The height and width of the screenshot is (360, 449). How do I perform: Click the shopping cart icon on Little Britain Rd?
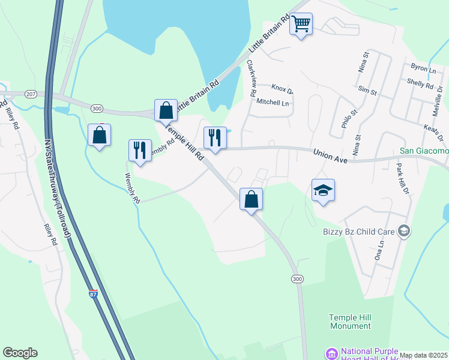coord(301,25)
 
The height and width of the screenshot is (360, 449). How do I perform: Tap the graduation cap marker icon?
coord(323,191)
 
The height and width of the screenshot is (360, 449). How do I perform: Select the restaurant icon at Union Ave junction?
coord(214,138)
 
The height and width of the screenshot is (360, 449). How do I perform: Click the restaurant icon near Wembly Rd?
coord(140,151)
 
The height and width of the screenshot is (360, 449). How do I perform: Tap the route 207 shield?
coord(31,94)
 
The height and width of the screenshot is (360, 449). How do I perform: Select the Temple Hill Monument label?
coord(350,321)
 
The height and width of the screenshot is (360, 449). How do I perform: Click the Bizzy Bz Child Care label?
coord(358,231)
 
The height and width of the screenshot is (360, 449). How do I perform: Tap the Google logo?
coord(20,353)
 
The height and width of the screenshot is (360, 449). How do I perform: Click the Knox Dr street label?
coord(282,90)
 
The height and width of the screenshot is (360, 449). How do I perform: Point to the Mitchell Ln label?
coord(273,103)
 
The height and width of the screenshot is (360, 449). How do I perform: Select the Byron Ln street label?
coord(423,70)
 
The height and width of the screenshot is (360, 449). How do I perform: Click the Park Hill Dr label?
coord(402,179)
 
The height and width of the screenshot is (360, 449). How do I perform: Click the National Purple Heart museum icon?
coord(330,353)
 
